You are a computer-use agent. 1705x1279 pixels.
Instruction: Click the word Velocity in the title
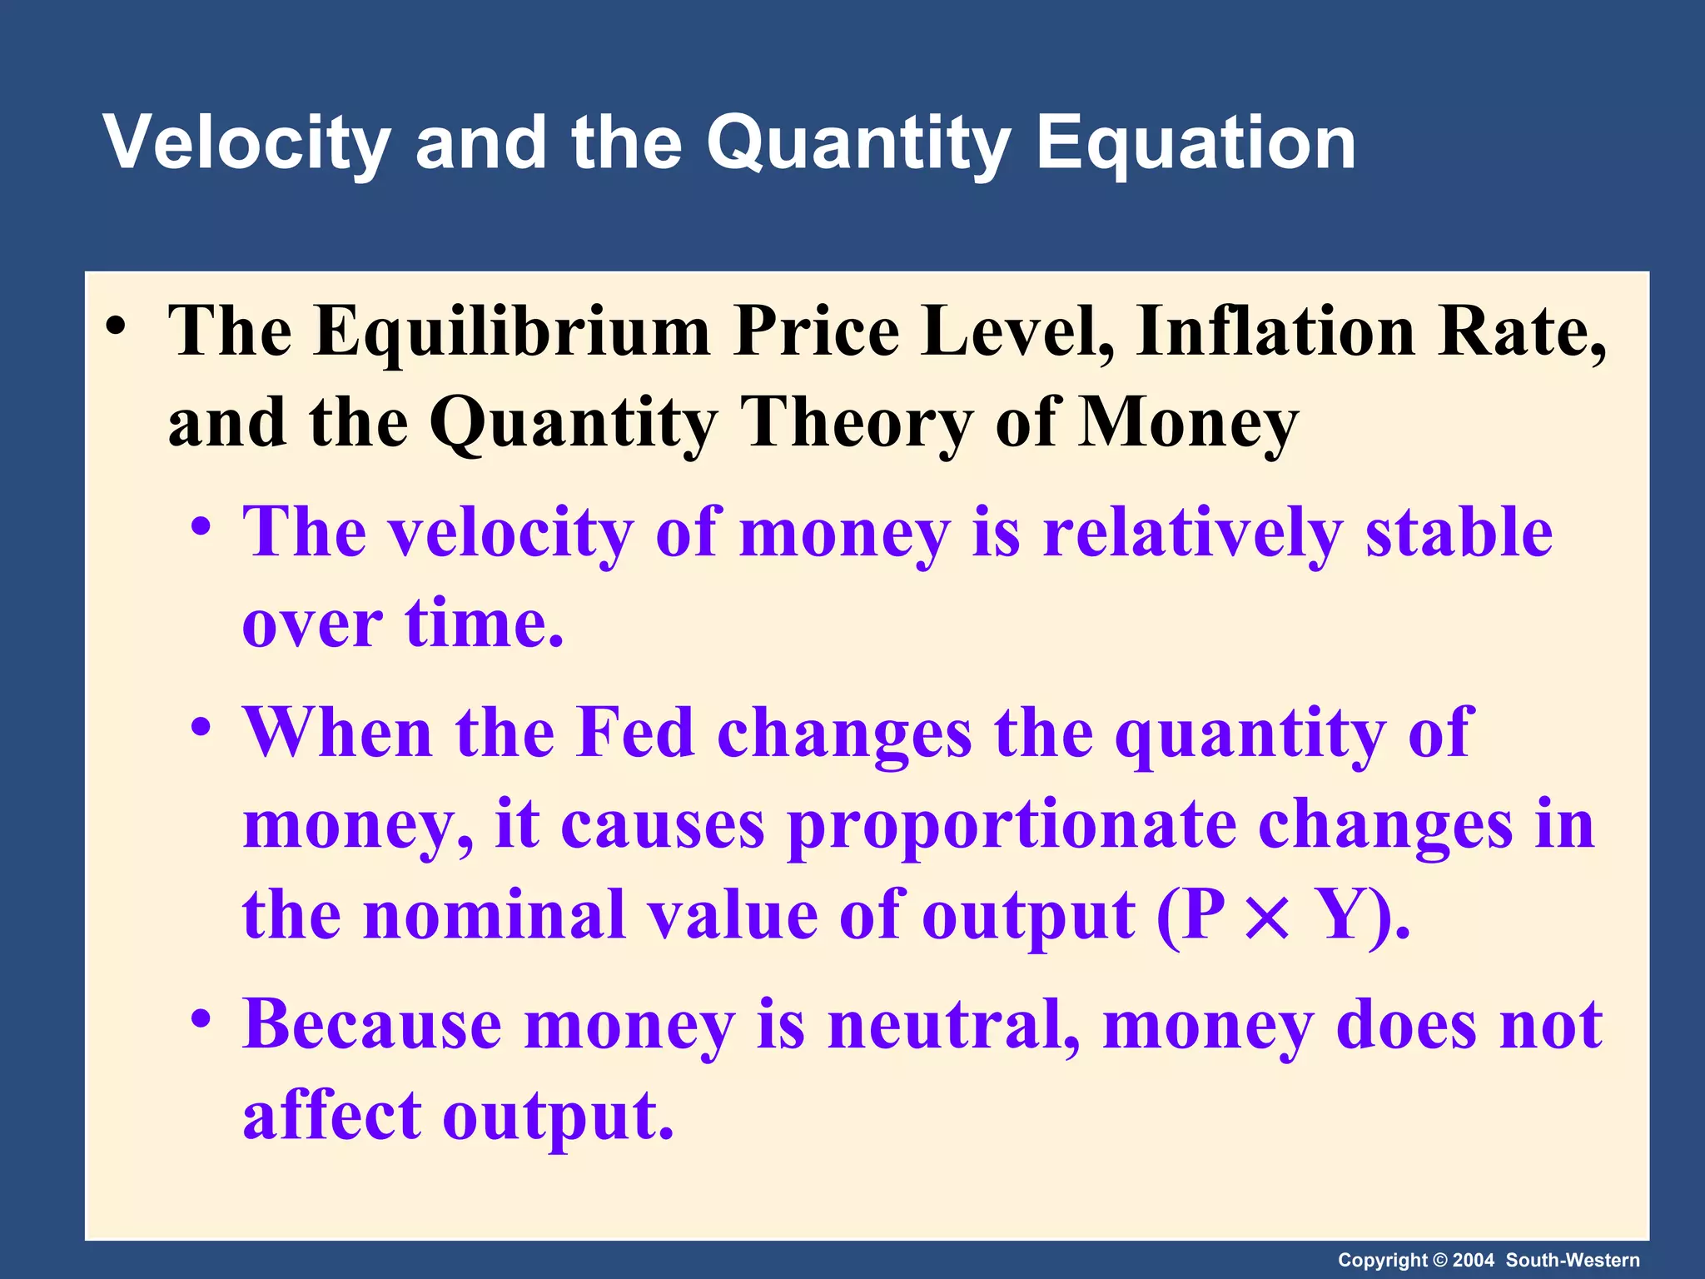[246, 143]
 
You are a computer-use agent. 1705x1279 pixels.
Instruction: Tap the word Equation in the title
[1195, 143]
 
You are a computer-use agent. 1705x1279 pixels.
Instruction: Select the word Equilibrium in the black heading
[511, 331]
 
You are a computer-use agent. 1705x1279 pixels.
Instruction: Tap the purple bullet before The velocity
[200, 528]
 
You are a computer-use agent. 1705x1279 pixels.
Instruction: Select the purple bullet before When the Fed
[200, 728]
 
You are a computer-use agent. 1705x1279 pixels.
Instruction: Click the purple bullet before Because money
[200, 1019]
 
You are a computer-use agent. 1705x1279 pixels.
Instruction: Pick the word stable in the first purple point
[1459, 533]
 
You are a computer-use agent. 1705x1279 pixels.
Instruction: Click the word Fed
[635, 733]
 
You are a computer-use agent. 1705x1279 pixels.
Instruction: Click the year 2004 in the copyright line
[1474, 1261]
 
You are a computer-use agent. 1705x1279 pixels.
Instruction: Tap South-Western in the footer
[1573, 1261]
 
